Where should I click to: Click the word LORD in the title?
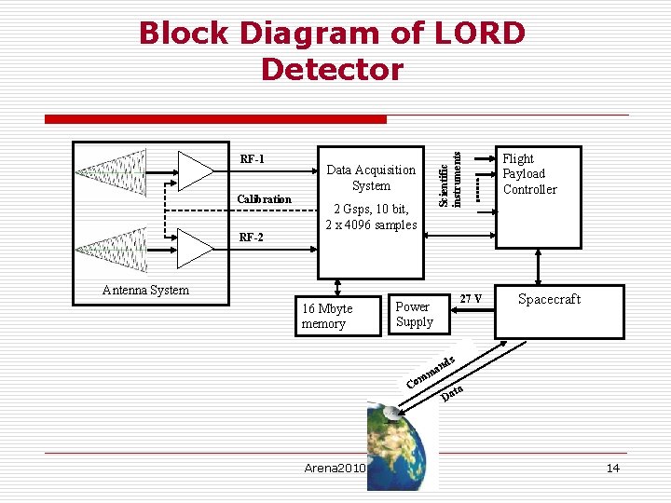(x=479, y=34)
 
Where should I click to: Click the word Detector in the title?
(x=332, y=70)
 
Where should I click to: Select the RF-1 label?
(x=252, y=159)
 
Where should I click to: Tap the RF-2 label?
(x=251, y=238)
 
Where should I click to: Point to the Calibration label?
(x=264, y=199)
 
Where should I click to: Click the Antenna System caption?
(x=145, y=290)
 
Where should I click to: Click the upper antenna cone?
(x=112, y=173)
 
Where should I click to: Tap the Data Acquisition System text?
(x=371, y=177)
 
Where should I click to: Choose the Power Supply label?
(x=414, y=314)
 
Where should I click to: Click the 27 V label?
(x=472, y=299)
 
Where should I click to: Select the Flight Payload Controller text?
(x=529, y=174)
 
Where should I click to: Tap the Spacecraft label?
(x=549, y=299)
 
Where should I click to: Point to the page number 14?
(x=612, y=468)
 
